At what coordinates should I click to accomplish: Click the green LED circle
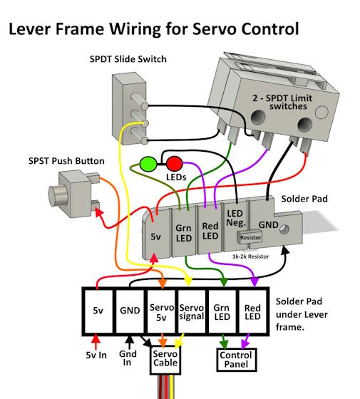[148, 164]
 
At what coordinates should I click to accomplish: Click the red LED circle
[175, 163]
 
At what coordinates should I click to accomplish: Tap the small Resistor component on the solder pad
[250, 237]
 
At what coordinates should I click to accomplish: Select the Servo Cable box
[165, 360]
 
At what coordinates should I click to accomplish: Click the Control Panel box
[236, 360]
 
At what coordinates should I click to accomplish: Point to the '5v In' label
[96, 355]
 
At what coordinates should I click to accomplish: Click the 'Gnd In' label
[128, 358]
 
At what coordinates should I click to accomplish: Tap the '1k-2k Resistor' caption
[250, 256]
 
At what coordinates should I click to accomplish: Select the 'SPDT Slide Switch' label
[128, 59]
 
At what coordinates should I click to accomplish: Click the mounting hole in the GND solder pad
[284, 229]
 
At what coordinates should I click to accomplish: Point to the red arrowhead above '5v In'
[96, 338]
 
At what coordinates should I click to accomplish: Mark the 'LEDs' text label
[176, 177]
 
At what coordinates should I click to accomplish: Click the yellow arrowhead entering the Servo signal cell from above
[188, 282]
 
